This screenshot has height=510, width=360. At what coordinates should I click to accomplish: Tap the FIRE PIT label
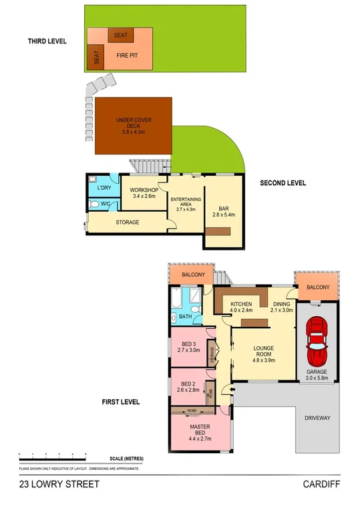click(127, 55)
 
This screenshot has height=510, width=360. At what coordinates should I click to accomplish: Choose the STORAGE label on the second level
click(127, 222)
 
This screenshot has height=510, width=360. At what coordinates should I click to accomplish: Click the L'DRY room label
click(104, 188)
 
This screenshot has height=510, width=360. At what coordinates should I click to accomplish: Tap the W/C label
click(106, 204)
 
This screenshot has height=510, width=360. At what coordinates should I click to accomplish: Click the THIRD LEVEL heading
click(47, 41)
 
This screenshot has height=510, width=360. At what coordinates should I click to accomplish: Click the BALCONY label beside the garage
click(319, 287)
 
